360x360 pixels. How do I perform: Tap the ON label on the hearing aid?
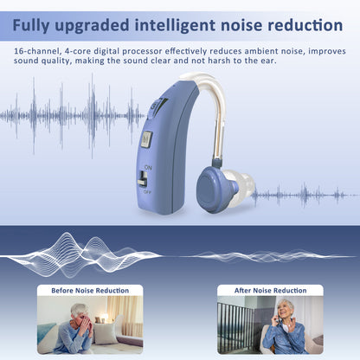(147, 166)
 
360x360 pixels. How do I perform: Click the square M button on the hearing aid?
(146, 138)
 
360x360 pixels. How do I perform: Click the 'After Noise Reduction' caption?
(270, 291)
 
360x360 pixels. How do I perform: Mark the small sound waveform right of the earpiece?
(303, 195)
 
